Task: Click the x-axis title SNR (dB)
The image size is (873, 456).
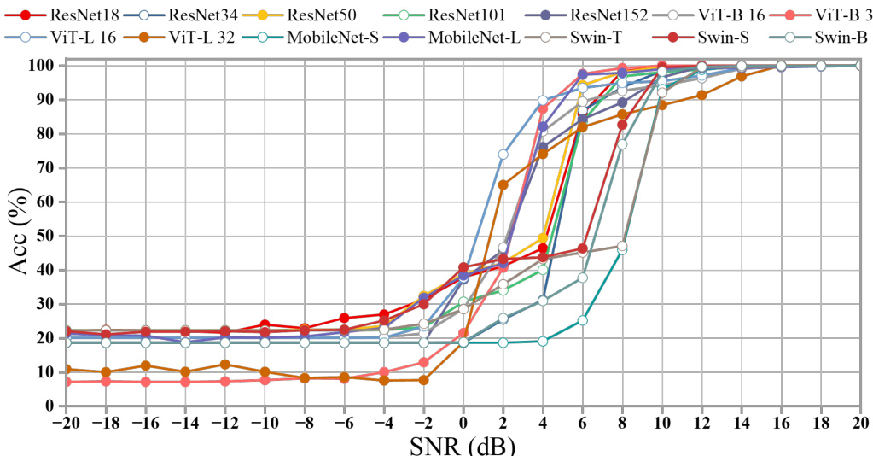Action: click(x=460, y=445)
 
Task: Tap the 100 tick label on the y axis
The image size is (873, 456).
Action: click(x=44, y=66)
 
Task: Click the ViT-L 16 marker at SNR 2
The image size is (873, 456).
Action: click(x=503, y=155)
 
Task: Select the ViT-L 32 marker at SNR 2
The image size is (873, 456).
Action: click(x=503, y=184)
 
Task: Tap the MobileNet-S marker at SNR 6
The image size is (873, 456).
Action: click(x=583, y=320)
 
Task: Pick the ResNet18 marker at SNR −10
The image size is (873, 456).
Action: click(x=265, y=324)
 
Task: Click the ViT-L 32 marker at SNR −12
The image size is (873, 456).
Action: click(x=224, y=364)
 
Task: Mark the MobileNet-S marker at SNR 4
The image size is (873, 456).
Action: click(x=543, y=341)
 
